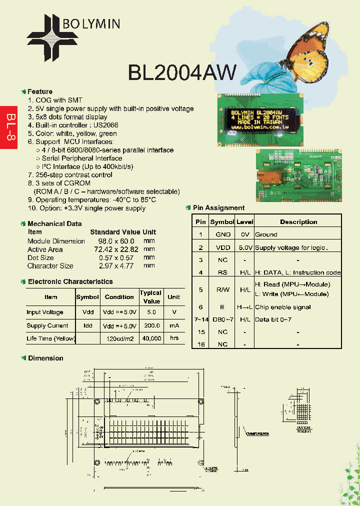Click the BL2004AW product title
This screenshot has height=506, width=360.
click(x=182, y=72)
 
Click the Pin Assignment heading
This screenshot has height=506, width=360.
click(x=218, y=208)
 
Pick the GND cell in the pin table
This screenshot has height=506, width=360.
click(x=222, y=234)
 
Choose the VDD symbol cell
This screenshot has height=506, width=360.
click(x=222, y=247)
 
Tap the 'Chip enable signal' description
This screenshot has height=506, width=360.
click(x=283, y=307)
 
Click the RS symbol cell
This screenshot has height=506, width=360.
click(x=222, y=272)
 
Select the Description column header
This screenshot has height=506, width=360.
click(x=298, y=222)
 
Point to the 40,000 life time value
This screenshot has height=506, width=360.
click(x=151, y=338)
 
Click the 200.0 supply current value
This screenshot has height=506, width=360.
click(x=151, y=325)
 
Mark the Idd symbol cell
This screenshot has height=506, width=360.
click(x=88, y=325)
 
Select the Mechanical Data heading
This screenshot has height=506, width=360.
click(x=54, y=223)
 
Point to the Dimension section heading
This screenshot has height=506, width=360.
click(x=45, y=358)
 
